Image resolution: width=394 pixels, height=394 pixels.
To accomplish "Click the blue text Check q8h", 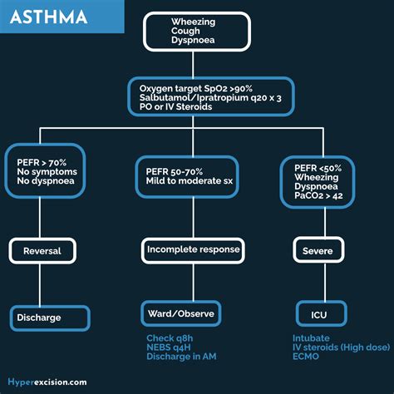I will tap(170, 338).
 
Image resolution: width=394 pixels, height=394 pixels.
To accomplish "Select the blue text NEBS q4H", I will tap(169, 347).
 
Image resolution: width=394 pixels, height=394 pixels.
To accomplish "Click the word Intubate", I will tap(312, 338).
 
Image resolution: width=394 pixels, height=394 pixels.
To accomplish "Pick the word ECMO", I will tap(307, 357).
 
